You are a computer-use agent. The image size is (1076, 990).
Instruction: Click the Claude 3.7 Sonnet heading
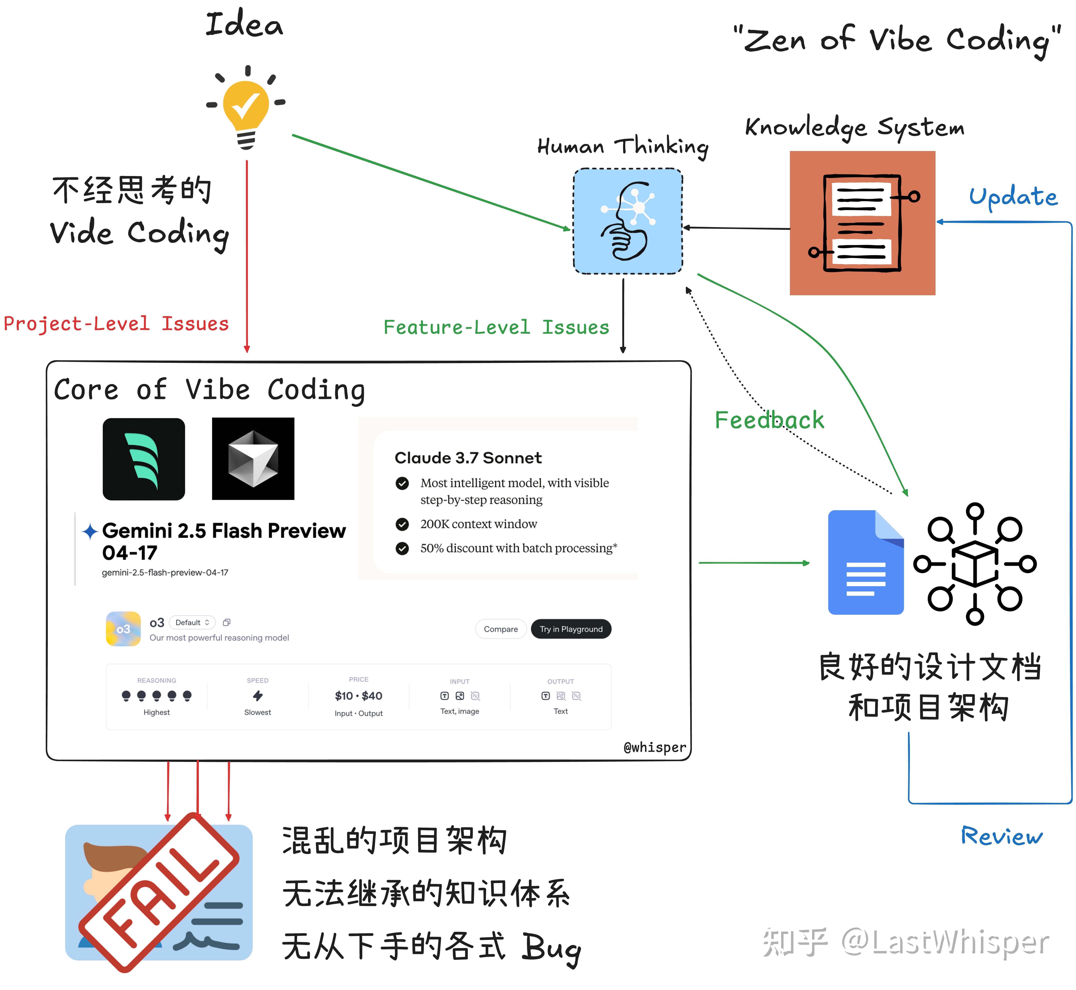pyautogui.click(x=468, y=458)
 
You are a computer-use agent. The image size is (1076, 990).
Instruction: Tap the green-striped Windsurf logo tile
pyautogui.click(x=144, y=459)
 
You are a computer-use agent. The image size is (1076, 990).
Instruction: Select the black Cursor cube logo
pyautogui.click(x=253, y=459)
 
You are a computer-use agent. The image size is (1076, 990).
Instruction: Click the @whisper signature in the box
pyautogui.click(x=654, y=747)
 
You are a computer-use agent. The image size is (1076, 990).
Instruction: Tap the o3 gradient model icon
pyautogui.click(x=123, y=629)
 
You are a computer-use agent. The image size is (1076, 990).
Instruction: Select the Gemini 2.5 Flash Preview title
pyautogui.click(x=223, y=541)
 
